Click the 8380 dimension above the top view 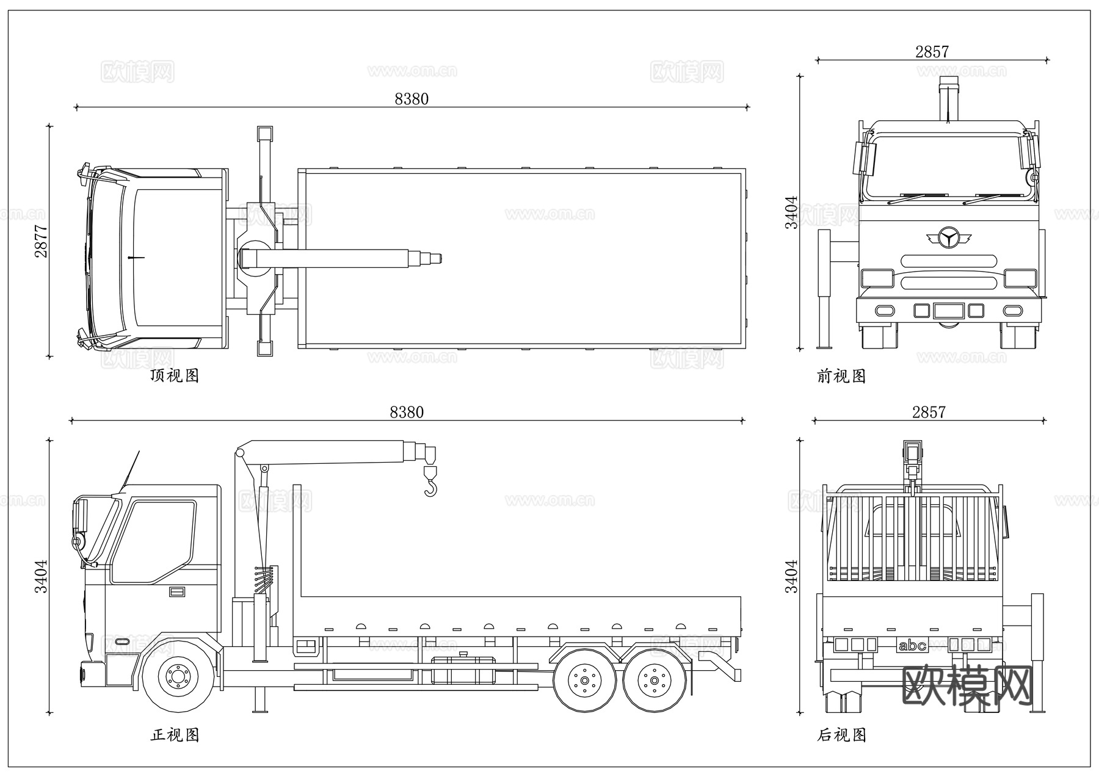412,99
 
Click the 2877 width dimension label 41,241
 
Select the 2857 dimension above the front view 932,52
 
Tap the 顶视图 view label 175,375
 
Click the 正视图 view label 175,735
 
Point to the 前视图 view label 841,376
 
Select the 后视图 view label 841,735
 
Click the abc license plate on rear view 912,645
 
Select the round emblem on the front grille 948,238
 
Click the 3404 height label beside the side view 41,576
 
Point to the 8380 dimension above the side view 407,412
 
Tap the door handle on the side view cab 177,591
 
